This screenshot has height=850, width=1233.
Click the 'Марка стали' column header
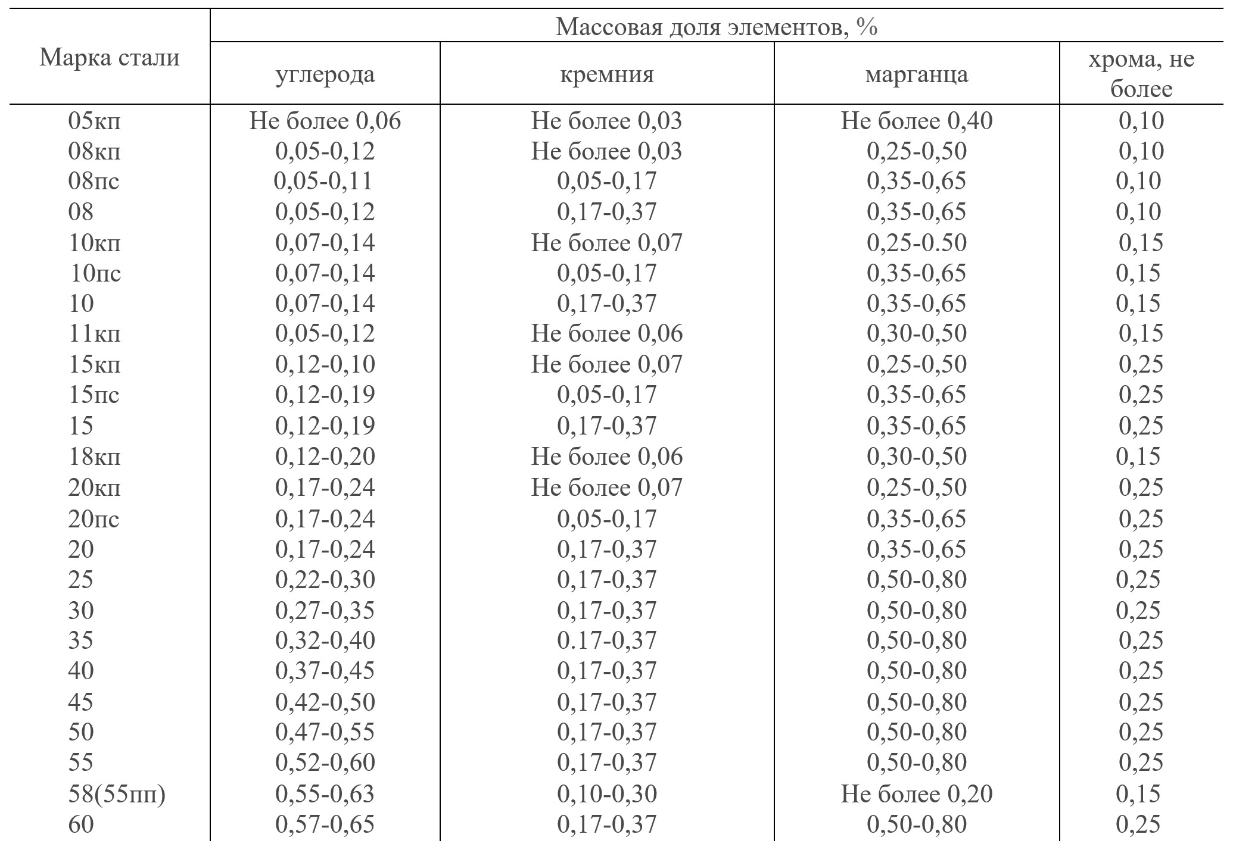pos(110,58)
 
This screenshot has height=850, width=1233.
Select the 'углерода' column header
pos(325,75)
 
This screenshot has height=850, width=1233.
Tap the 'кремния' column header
pos(606,75)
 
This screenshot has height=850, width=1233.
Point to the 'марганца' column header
pos(916,75)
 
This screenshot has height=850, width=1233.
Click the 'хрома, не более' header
pos(1141,75)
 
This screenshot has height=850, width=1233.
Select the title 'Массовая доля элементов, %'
pos(716,27)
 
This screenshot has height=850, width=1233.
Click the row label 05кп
pos(94,121)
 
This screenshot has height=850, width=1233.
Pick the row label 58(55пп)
pos(116,795)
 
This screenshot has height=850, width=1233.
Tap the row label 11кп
pos(94,333)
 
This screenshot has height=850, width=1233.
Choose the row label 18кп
pos(94,457)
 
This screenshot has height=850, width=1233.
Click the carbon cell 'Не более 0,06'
pos(325,121)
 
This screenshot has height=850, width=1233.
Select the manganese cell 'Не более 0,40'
pos(916,121)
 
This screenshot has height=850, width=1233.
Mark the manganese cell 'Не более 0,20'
pos(916,795)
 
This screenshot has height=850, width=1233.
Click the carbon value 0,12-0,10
pos(325,364)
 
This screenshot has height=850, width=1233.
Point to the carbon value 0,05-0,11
pos(323,181)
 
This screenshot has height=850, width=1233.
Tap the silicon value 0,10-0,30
pos(606,795)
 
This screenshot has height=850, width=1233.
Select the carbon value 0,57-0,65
pos(325,825)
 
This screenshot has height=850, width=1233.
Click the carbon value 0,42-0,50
pos(325,702)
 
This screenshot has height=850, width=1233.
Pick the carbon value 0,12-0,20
pos(325,457)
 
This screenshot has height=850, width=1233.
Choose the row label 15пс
pos(94,395)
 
